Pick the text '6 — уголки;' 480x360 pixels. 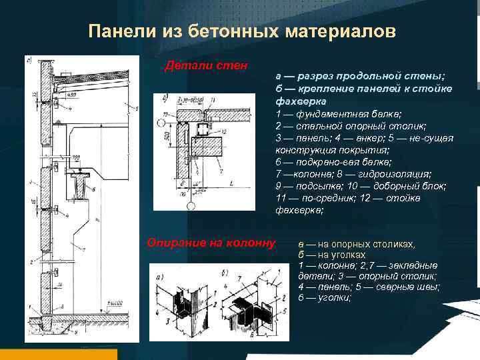[325, 297]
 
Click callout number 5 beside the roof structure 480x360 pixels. [137, 108]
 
